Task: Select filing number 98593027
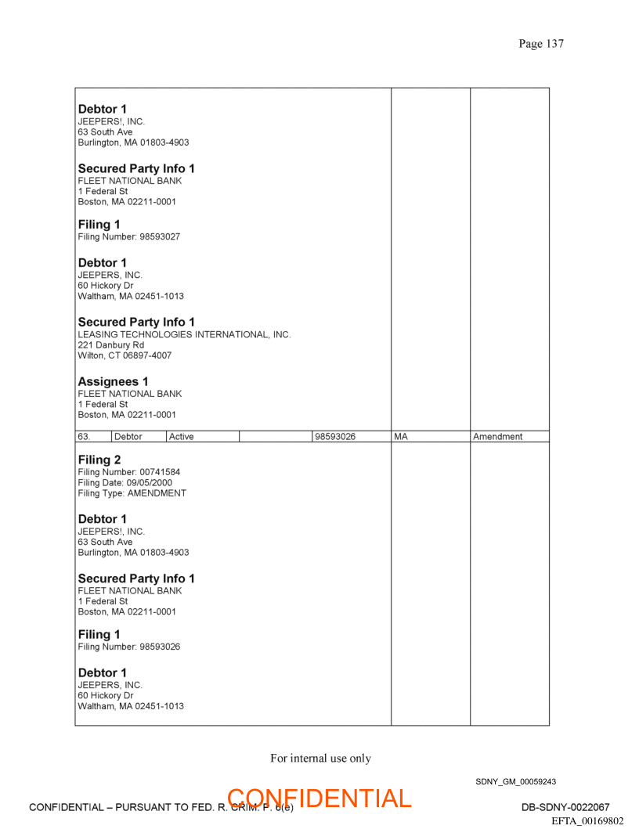tap(160, 236)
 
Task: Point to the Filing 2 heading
tap(99, 460)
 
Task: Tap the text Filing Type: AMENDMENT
tap(132, 493)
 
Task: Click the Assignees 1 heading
tap(113, 381)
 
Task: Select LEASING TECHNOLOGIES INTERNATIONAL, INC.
tap(184, 334)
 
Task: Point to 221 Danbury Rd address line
tap(110, 344)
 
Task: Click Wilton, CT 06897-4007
tap(125, 355)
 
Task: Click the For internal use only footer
tap(320, 758)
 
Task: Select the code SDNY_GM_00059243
tap(515, 781)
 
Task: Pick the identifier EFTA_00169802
tap(587, 821)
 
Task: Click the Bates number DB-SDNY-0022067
tap(565, 807)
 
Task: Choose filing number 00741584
tap(160, 472)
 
